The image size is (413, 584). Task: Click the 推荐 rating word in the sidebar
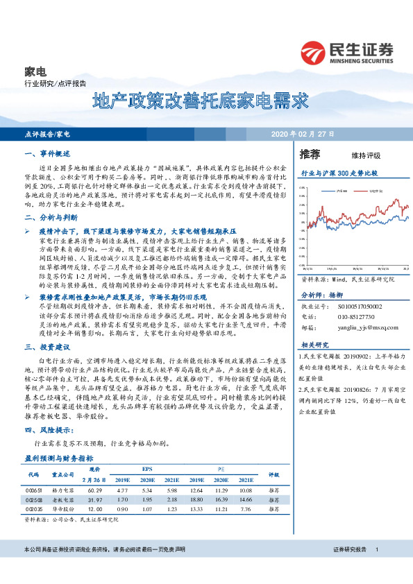click(x=310, y=154)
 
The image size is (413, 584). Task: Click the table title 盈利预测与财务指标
click(x=58, y=458)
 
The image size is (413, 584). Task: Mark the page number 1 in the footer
click(x=376, y=549)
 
